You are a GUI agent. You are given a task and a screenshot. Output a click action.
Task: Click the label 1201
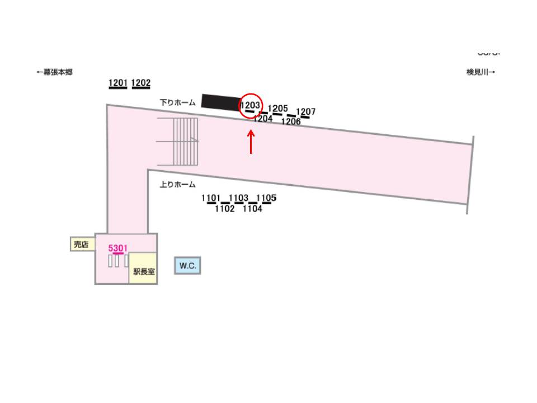118,83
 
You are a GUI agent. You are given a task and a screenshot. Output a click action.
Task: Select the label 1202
141,83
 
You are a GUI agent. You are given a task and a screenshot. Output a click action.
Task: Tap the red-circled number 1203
251,105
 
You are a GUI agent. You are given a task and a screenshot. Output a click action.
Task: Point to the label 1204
263,119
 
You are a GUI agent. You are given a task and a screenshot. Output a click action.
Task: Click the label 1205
278,109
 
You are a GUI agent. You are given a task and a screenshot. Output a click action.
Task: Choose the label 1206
291,121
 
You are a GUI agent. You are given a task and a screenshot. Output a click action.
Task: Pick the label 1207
306,112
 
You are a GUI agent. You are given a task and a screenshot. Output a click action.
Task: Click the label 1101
211,198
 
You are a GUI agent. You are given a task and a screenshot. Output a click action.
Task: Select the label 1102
225,209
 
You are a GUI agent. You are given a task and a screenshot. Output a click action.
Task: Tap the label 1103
239,198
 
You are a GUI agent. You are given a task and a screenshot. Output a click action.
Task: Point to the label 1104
252,209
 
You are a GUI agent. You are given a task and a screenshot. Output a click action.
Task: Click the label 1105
266,198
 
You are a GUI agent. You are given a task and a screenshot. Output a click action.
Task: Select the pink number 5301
118,247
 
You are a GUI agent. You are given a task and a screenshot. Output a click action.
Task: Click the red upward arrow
251,142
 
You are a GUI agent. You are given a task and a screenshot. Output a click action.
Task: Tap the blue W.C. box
187,266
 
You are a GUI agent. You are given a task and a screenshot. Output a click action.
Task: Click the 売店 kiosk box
81,244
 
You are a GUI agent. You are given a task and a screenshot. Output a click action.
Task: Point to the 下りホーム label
177,102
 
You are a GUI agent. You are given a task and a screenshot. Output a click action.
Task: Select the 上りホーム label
177,185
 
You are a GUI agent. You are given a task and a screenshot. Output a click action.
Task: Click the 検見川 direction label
481,72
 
